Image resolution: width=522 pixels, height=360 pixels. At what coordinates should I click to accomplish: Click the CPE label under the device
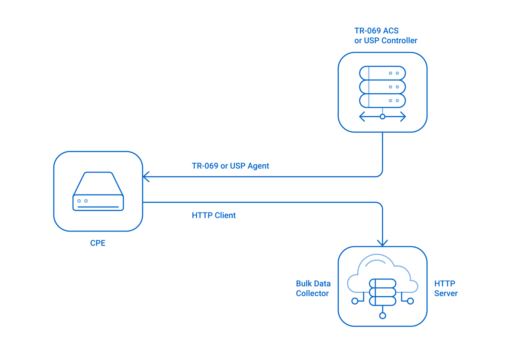98,243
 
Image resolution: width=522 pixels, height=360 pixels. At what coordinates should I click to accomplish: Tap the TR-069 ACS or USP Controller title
385,35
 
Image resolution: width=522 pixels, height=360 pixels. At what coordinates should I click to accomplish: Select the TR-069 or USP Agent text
230,166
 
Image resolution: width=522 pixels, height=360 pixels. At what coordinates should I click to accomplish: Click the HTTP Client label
214,215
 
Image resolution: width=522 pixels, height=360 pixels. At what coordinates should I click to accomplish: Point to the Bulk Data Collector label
313,288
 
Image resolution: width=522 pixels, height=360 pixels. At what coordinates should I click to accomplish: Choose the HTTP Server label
446,288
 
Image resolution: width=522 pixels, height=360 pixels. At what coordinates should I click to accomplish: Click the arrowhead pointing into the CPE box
146,176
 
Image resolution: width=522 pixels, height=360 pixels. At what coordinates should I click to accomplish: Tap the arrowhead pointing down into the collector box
382,243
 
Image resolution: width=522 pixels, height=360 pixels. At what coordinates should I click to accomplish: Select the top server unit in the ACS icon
382,73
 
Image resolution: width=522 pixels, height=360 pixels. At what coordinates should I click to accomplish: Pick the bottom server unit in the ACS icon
382,100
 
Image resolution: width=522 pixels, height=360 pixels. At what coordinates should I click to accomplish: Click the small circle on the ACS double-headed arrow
382,117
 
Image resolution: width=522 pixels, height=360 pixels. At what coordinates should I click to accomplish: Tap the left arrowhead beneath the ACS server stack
362,117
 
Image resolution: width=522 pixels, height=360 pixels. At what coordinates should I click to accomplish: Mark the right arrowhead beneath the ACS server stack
403,117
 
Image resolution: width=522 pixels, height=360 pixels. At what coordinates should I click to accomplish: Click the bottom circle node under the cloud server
382,315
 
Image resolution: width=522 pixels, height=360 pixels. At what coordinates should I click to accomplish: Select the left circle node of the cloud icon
355,301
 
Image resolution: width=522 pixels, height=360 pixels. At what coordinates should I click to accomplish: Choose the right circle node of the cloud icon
410,301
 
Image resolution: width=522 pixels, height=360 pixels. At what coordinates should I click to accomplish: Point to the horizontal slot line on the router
98,207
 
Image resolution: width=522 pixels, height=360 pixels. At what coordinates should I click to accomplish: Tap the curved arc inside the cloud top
375,262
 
